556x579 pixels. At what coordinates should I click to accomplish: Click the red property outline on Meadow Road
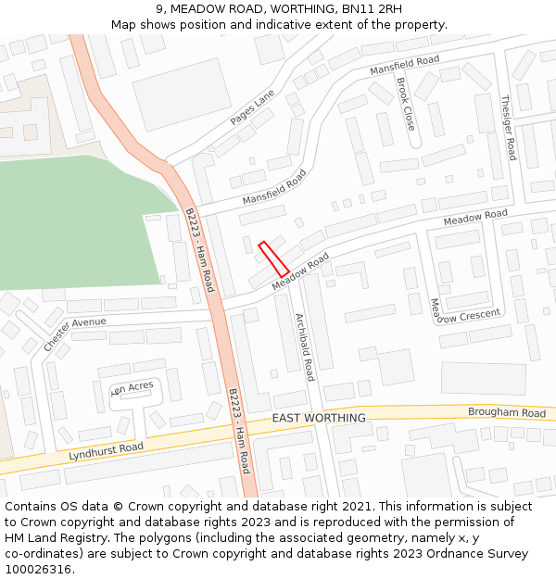273,258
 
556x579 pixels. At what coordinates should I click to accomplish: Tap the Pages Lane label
253,108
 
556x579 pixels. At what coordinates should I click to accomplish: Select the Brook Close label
405,104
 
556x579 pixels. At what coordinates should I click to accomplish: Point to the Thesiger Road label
508,127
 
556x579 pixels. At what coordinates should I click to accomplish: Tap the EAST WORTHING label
319,418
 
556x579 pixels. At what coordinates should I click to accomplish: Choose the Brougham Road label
507,413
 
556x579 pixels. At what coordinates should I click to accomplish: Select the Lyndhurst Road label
107,452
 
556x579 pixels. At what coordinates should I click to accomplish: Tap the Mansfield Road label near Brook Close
404,66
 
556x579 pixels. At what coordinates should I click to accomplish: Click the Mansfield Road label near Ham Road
274,187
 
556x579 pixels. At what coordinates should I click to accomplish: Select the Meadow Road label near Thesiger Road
475,218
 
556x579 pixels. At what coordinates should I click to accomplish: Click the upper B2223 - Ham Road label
198,249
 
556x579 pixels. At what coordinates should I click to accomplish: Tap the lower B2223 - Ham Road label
239,431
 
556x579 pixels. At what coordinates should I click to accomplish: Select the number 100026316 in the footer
36,570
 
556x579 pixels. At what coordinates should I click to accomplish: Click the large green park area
74,222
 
